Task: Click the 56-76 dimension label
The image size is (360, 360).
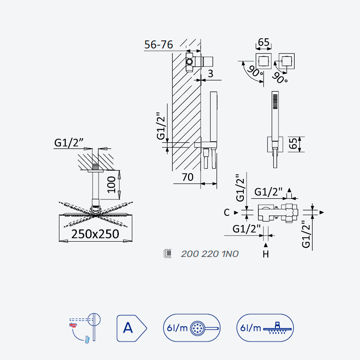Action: (158, 45)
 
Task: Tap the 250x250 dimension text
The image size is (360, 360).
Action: (95, 234)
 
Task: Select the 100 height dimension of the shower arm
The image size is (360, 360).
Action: (112, 185)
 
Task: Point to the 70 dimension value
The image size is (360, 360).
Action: (188, 177)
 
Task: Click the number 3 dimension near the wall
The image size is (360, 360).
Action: (210, 74)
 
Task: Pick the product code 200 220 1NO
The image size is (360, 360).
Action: (210, 254)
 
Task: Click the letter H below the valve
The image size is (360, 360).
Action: (265, 254)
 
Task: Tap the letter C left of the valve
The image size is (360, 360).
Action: (227, 212)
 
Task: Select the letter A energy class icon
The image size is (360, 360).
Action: (131, 328)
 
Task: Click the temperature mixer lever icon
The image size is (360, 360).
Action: (85, 328)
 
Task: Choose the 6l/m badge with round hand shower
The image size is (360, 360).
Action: (192, 328)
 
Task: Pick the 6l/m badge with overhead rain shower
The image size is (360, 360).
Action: (265, 328)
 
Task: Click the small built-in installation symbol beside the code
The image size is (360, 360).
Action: (167, 253)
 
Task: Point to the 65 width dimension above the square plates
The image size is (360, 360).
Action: (264, 43)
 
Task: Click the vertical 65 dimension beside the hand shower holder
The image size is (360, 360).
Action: (293, 144)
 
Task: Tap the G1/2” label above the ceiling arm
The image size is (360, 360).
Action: (69, 143)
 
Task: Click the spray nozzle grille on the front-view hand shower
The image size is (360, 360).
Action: (275, 102)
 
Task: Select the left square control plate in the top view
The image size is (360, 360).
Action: (264, 61)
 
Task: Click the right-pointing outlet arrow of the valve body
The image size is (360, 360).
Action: (322, 212)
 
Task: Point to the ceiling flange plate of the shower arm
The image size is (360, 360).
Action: (95, 171)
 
